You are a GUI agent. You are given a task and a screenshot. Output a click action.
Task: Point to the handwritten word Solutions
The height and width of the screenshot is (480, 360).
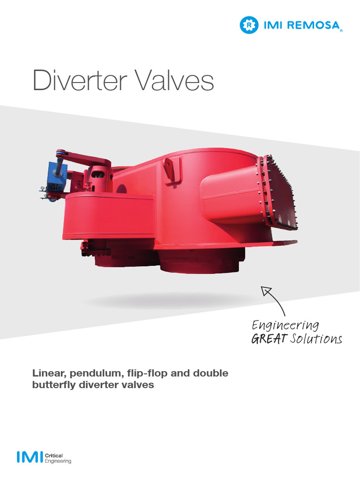[x=315, y=339]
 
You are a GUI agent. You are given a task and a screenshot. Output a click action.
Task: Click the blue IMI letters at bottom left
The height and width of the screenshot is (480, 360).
[x=29, y=457]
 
